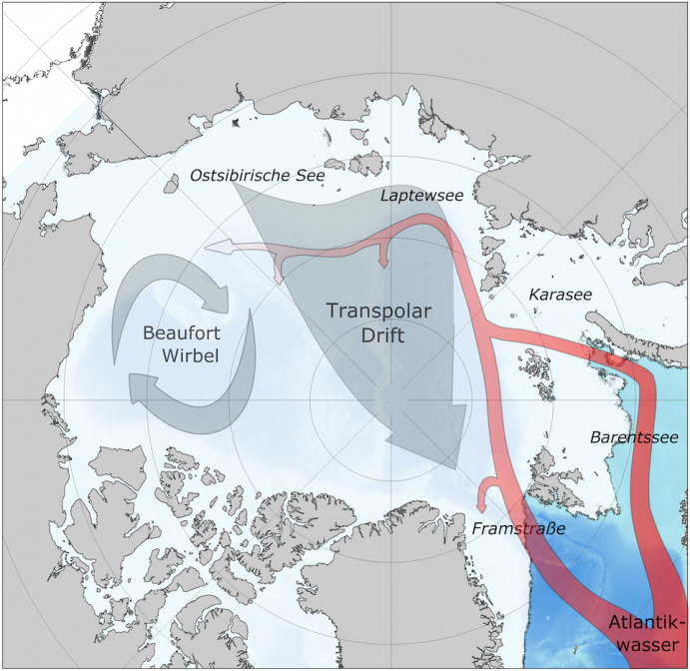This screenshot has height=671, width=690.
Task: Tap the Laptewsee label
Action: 421,196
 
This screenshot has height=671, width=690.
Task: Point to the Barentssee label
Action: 634,437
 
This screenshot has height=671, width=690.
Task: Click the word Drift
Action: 382,335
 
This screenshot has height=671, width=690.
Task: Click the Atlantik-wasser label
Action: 645,636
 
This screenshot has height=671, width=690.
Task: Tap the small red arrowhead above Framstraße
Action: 486,486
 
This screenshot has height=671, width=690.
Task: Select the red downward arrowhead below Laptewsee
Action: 383,263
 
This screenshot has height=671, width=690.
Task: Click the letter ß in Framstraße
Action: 546,526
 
